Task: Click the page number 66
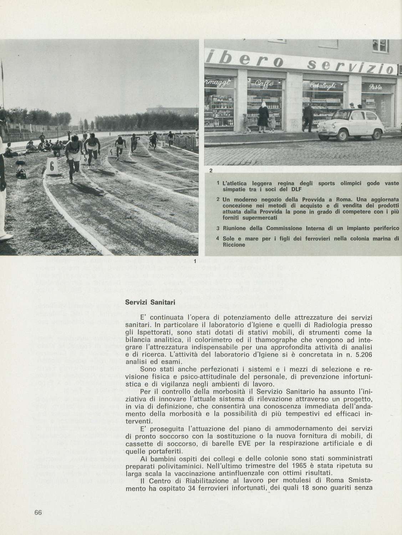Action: click(38, 513)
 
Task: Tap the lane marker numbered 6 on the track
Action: click(51, 165)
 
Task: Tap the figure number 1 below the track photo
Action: click(195, 261)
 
